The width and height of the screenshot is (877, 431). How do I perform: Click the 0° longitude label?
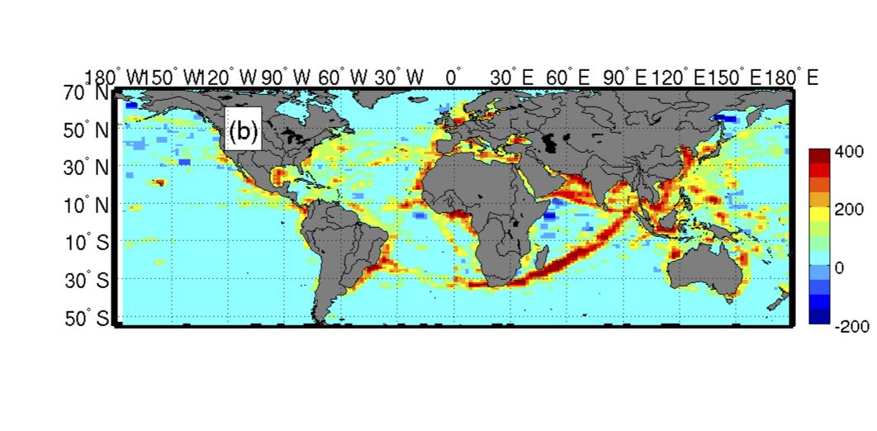click(453, 78)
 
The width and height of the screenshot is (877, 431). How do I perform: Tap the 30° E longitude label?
click(513, 78)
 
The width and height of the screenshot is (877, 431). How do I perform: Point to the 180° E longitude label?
click(794, 78)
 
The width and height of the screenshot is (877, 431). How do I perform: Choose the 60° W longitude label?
click(343, 78)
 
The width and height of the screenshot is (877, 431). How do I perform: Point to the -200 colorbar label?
click(851, 326)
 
